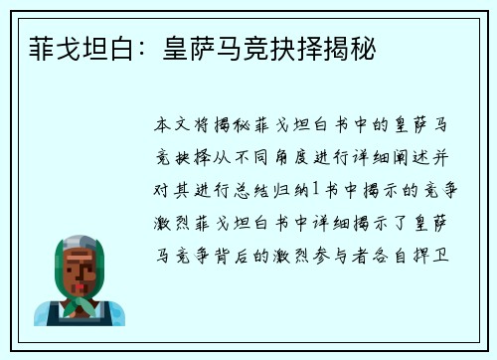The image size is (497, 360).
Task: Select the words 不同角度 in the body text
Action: point(259,155)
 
